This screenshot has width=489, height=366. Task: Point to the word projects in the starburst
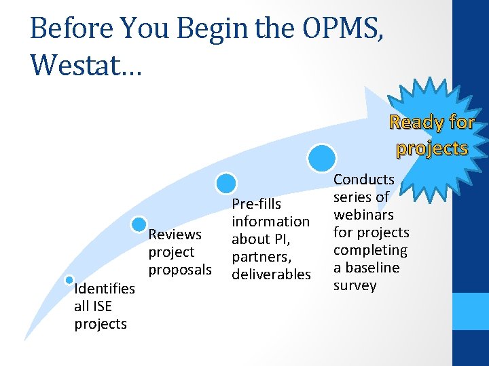click(433, 148)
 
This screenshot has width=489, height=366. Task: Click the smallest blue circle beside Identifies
click(69, 280)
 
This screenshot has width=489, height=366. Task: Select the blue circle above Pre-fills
click(226, 183)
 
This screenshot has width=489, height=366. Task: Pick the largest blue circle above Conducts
click(321, 158)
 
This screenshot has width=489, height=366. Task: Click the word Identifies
click(105, 289)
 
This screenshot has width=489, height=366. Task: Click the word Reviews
click(175, 235)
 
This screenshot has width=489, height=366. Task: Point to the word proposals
click(180, 270)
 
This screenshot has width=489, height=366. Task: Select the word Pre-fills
click(257, 204)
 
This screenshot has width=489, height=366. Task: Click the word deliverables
click(271, 274)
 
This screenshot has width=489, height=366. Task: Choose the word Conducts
click(363, 180)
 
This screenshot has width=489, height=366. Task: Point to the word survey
click(355, 285)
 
